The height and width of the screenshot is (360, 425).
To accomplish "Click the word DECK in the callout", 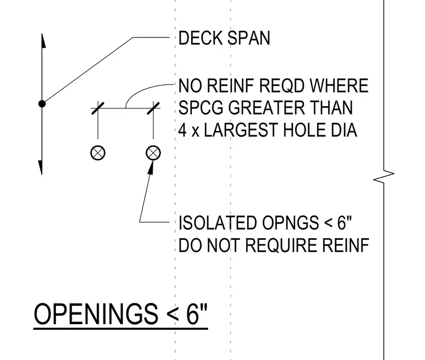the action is coord(201,38).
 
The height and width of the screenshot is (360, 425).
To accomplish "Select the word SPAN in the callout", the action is coord(249,38).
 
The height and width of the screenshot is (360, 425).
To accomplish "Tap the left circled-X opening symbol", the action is coord(98,153).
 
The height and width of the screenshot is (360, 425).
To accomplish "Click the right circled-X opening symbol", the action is coord(153,153).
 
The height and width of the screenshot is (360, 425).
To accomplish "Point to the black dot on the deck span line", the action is coord(42,104).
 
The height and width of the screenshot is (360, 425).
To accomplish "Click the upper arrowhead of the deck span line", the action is coord(42,41).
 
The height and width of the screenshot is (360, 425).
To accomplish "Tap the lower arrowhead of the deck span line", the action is coord(40,167).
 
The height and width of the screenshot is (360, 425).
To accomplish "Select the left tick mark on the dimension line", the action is coord(98,108).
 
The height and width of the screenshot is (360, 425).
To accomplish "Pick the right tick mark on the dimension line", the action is coord(153,108).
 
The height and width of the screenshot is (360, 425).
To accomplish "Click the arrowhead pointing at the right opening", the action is coord(150,168).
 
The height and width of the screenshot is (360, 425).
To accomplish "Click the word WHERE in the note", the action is coord(339,86).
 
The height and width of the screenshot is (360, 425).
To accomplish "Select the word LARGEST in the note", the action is coord(241,130).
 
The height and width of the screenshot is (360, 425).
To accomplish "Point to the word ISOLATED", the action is coord(218,223).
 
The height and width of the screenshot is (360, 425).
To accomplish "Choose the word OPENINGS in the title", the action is coord(96,314).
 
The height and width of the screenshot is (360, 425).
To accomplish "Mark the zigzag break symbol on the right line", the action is coord(384,177).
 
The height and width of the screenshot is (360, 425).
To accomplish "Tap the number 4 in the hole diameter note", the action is coord(183,130).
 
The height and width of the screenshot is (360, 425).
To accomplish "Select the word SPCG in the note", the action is coord(201,108).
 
